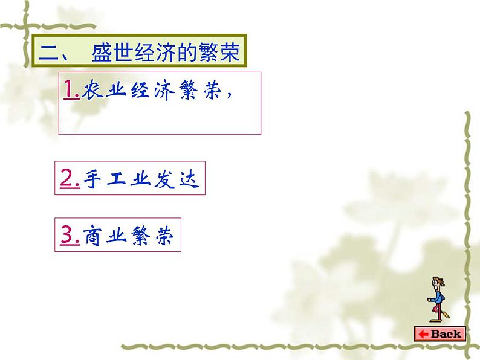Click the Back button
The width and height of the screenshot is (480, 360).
[439, 333]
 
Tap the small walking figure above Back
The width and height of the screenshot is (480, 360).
[437, 300]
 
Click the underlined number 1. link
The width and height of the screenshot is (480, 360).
[71, 90]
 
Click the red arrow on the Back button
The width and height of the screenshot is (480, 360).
[422, 333]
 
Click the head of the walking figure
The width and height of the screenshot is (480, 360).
[436, 281]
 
